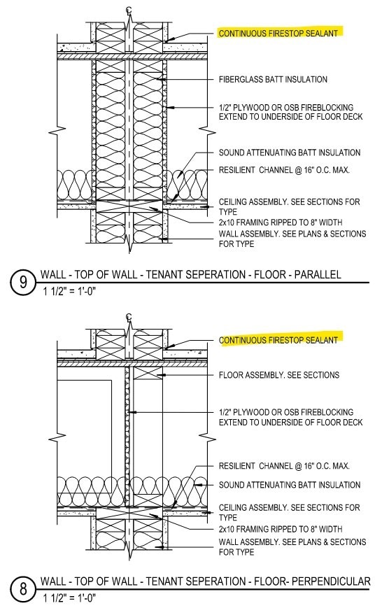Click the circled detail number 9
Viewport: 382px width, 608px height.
23,283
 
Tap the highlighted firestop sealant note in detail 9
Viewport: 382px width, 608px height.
278,33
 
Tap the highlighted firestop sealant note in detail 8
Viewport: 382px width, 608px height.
278,340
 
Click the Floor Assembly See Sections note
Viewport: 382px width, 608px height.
278,375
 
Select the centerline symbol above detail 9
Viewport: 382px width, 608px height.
129,9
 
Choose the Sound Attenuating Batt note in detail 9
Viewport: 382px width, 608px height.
290,153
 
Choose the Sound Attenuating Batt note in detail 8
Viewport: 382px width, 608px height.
290,485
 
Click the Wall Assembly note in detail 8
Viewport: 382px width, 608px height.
292,547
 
